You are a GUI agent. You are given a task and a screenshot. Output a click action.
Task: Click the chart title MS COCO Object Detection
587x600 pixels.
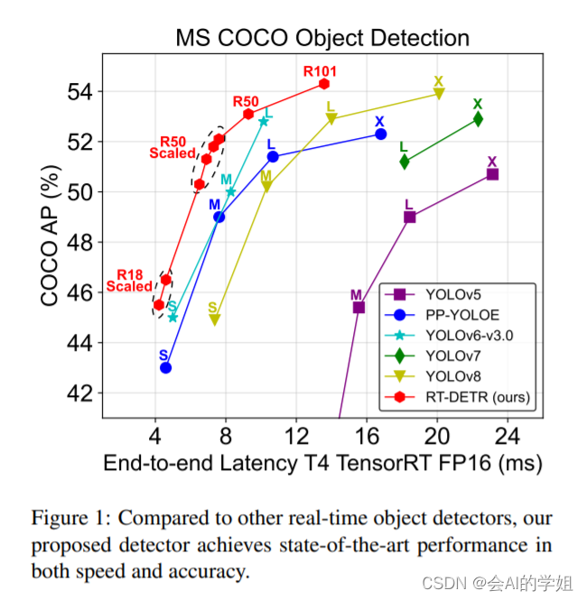coord(322,38)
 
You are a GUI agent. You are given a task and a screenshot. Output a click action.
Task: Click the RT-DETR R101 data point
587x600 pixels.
coord(324,84)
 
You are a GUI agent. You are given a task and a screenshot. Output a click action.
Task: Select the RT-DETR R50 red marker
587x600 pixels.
coord(248,114)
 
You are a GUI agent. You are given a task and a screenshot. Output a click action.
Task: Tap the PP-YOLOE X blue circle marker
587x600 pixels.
coord(380,134)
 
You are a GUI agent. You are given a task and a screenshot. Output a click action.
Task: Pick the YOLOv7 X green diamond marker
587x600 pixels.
coord(478,119)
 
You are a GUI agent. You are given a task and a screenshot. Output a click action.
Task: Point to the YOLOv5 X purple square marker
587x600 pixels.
coord(492,174)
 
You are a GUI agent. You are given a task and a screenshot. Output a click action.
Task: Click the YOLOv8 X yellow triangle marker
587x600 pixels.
coord(439,94)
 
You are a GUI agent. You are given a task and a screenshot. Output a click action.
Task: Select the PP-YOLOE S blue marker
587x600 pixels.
coord(165,367)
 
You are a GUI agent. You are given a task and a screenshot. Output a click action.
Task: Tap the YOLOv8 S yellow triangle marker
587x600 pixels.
coord(214,319)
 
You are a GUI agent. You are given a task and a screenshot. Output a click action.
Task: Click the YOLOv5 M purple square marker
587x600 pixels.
coord(359,308)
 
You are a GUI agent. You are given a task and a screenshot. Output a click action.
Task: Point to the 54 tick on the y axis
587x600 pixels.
coord(79,92)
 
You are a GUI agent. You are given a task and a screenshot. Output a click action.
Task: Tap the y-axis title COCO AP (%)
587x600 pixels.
coord(51,241)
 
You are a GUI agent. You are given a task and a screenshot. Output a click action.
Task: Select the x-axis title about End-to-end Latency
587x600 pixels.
coord(322,464)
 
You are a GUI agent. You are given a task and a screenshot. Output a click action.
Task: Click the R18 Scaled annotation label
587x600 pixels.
coord(129,282)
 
